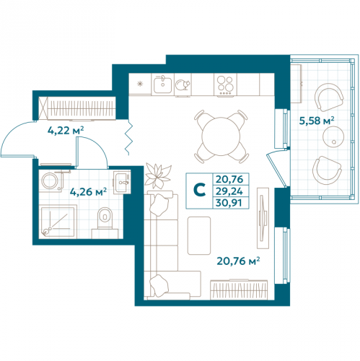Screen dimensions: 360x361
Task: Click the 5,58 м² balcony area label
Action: pos(317,121)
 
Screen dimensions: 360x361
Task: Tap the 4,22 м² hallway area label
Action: pos(66,131)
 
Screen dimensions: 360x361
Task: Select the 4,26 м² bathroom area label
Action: pos(88,192)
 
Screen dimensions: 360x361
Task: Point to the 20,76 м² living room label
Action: pos(238,261)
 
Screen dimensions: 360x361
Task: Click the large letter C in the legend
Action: pos(199,190)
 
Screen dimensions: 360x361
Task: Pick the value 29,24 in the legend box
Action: pos(229,191)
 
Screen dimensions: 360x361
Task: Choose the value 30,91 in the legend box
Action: pos(229,203)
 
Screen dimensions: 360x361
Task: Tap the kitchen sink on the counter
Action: pos(163,84)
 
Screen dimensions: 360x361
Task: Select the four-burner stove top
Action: pos(225,84)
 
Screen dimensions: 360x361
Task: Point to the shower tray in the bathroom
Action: pos(58,222)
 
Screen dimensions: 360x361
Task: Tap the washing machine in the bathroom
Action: pos(51,181)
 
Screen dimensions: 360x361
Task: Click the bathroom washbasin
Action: pos(122,182)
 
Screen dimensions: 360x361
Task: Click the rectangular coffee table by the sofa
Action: pos(199,235)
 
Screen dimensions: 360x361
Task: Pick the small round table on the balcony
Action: pos(333,136)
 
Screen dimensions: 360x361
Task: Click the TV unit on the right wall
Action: pos(263,218)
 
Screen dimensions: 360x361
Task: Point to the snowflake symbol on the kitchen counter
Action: pos(140,84)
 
